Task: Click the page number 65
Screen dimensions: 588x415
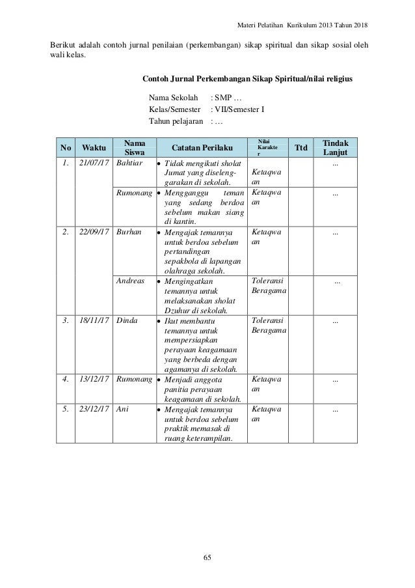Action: pos(207,557)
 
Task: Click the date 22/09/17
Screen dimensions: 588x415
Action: pos(94,231)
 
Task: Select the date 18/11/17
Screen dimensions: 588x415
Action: pos(94,321)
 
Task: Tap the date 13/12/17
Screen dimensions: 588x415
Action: pos(94,379)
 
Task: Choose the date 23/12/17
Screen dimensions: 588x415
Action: pos(94,410)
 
